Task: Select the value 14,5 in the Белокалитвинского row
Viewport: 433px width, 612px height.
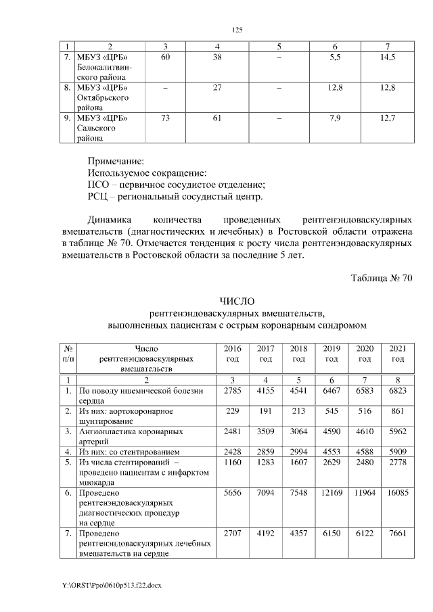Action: [387, 58]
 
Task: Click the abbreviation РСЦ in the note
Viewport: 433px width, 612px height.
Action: [99, 197]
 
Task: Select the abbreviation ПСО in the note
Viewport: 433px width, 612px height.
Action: [99, 185]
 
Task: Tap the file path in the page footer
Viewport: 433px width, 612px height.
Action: [112, 583]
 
